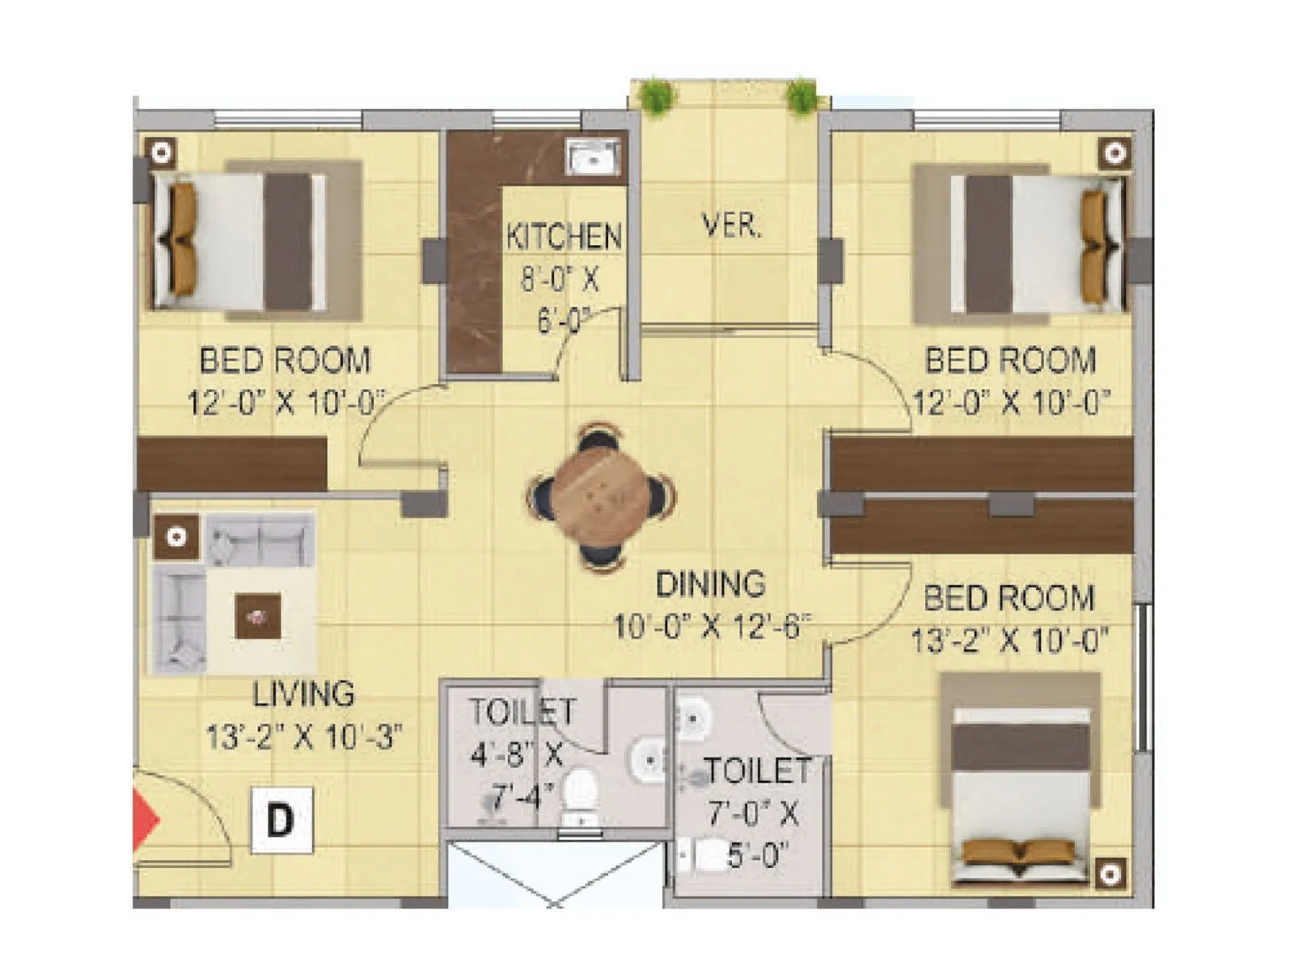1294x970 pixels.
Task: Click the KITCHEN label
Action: pos(564,236)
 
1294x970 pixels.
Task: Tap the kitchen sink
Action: pos(594,158)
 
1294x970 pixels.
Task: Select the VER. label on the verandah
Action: pos(731,226)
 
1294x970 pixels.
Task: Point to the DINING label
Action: pos(710,584)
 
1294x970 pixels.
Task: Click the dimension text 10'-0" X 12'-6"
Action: pos(711,626)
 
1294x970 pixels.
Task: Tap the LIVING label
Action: pos(303,694)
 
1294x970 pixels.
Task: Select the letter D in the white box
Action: pos(281,820)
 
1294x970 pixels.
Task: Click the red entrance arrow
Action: pos(146,820)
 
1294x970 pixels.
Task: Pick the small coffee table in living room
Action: pos(258,616)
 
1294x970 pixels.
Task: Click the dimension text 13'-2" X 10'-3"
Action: pos(304,737)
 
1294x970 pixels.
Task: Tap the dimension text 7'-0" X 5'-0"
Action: pos(754,834)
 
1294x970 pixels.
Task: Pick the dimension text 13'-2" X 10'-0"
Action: pos(1009,641)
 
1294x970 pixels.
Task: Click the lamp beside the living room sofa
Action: pos(176,536)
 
